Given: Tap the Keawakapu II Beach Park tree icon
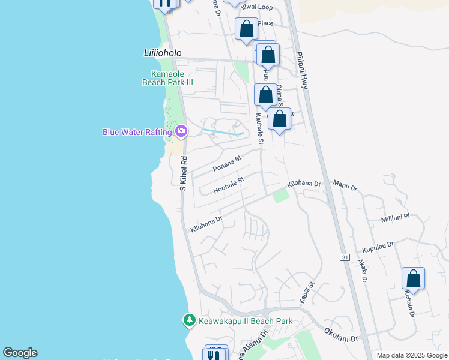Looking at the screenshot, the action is [190, 321].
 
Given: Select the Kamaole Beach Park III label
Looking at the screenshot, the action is [167, 78].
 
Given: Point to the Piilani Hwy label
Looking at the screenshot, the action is [302, 70].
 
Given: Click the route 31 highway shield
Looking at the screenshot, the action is [345, 257].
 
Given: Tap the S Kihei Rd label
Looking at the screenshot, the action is [185, 175].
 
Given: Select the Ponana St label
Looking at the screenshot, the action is [226, 163].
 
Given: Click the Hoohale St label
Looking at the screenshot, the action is [229, 185].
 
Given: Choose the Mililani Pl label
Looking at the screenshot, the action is [394, 217].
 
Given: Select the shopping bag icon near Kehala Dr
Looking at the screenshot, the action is [413, 278].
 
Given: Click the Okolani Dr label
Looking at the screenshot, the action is [340, 334].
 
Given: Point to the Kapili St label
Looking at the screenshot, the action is [307, 292].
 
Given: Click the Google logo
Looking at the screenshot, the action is [20, 353].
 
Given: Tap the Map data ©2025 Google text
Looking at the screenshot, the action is [412, 355].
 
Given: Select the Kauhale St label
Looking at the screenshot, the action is [260, 129].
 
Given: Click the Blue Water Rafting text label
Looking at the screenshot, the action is [137, 131].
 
